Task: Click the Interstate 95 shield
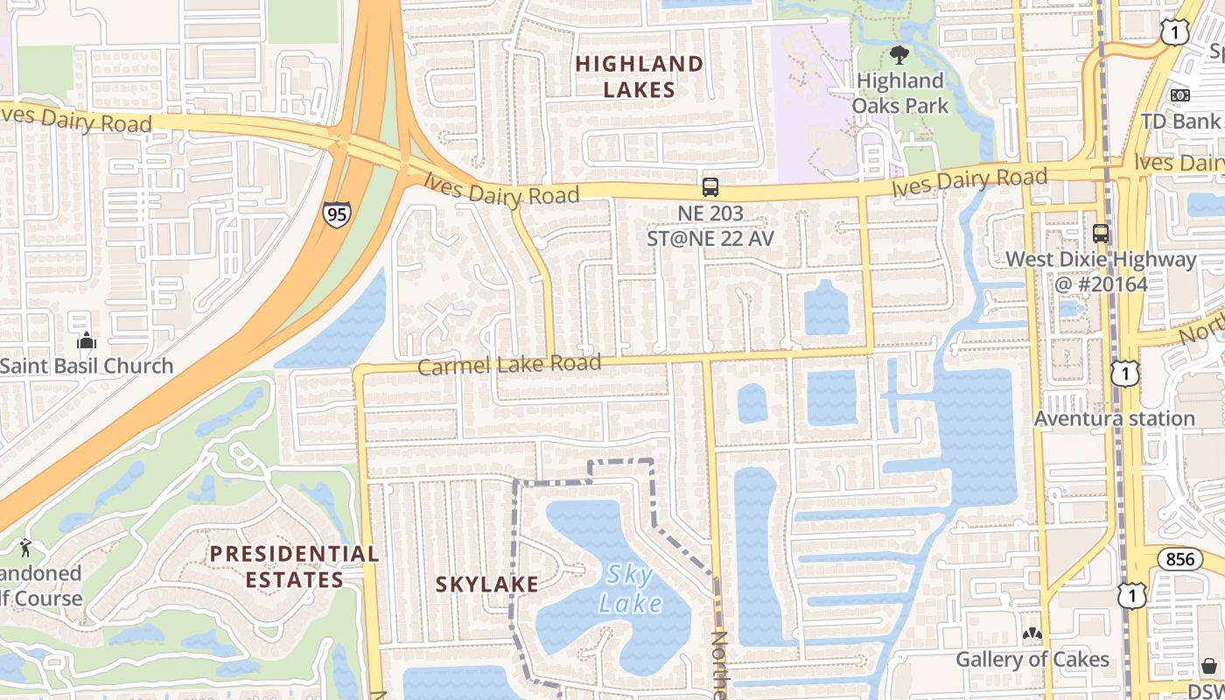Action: point(336,213)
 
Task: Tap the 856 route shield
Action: point(1179,559)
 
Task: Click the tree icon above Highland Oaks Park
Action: point(899,56)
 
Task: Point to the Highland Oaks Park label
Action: point(900,93)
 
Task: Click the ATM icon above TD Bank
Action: point(1179,94)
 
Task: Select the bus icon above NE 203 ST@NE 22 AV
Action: point(710,186)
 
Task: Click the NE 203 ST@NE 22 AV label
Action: point(710,225)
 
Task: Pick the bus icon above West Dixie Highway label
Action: point(1100,234)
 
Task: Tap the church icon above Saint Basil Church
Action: point(86,340)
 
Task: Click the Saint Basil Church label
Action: point(86,366)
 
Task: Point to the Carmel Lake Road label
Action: point(509,364)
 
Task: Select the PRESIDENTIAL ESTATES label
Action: point(294,566)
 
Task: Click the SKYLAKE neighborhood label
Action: point(486,584)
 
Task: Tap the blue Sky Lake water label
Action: point(630,588)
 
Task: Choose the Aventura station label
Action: point(1114,418)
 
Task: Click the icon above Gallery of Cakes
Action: point(1032,633)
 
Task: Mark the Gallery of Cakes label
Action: point(1032,659)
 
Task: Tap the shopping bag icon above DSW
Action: point(1208,666)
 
